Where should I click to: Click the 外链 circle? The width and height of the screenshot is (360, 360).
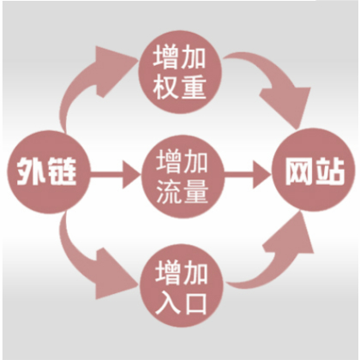pyautogui.click(x=48, y=172)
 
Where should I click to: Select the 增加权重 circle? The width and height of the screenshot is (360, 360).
pyautogui.click(x=180, y=72)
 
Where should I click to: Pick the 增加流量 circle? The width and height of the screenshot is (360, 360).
pyautogui.click(x=183, y=177)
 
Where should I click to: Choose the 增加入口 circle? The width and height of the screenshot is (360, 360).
pyautogui.click(x=182, y=285)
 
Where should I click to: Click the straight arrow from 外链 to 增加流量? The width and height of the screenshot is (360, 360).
pyautogui.click(x=116, y=174)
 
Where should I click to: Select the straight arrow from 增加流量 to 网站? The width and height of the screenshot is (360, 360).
pyautogui.click(x=248, y=174)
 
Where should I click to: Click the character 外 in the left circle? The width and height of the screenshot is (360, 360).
pyautogui.click(x=29, y=172)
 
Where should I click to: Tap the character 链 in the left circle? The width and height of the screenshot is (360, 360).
pyautogui.click(x=61, y=172)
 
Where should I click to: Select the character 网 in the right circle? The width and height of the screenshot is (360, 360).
pyautogui.click(x=298, y=171)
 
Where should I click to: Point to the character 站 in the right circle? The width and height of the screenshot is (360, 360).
pyautogui.click(x=329, y=171)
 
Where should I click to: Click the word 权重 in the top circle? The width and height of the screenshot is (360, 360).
pyautogui.click(x=179, y=87)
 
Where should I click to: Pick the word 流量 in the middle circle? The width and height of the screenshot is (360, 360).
pyautogui.click(x=183, y=192)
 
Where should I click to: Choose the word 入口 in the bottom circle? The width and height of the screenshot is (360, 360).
pyautogui.click(x=181, y=302)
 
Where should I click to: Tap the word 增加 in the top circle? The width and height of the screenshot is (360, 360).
pyautogui.click(x=179, y=57)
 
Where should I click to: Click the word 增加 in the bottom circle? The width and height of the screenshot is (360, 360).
pyautogui.click(x=181, y=273)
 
